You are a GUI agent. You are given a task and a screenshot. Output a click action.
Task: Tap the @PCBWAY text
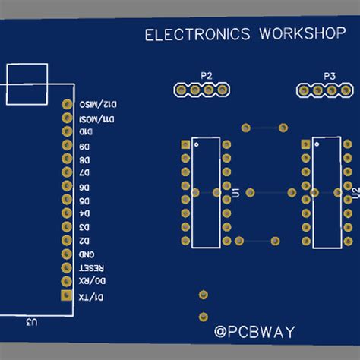(x=254, y=332)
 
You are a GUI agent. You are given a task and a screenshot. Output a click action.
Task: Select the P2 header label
(x=206, y=75)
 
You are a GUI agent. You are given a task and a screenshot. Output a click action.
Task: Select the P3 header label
(x=329, y=76)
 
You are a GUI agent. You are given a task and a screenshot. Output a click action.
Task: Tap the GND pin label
(x=85, y=254)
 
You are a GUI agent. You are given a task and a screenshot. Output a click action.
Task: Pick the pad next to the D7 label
(x=65, y=172)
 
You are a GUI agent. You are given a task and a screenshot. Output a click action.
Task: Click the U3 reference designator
(x=31, y=323)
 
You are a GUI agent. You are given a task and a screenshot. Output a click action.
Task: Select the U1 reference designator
(x=235, y=194)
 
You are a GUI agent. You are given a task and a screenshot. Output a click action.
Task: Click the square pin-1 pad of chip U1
(x=185, y=144)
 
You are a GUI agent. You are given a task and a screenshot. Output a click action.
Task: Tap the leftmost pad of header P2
(x=181, y=90)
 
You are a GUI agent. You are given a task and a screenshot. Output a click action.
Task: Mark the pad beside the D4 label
(x=65, y=213)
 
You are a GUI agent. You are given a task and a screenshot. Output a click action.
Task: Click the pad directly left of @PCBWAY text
(x=203, y=317)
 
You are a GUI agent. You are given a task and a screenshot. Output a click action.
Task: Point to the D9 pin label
(x=84, y=146)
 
